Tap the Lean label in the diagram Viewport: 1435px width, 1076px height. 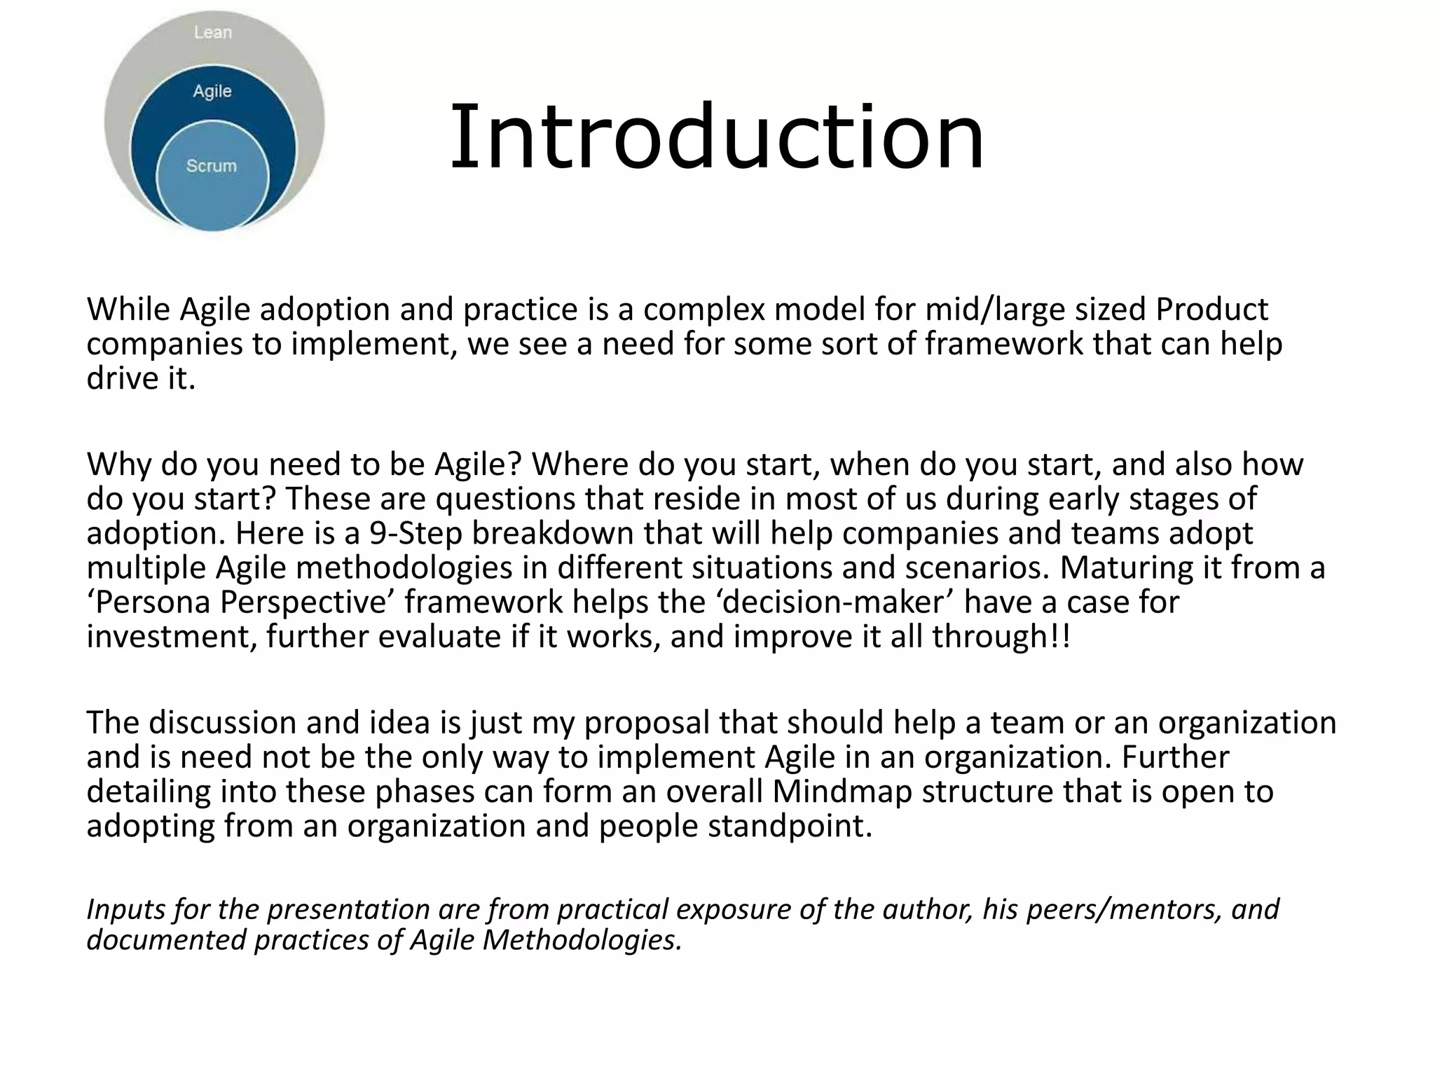pos(212,32)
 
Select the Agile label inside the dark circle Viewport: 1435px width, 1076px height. pos(212,91)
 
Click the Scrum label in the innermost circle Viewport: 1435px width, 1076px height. pos(212,166)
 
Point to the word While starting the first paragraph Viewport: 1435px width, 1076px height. pos(129,310)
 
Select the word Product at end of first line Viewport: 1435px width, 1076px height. pos(1211,310)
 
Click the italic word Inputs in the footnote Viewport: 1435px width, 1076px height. pos(125,909)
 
